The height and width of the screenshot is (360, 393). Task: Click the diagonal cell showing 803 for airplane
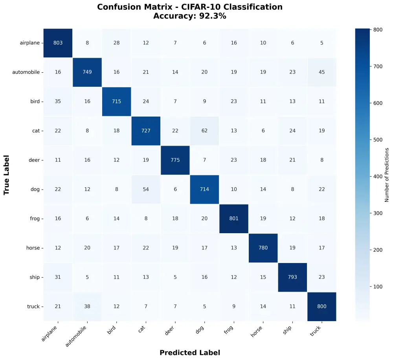point(58,43)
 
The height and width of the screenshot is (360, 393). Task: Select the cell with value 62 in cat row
point(204,130)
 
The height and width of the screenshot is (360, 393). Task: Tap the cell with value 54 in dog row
point(146,189)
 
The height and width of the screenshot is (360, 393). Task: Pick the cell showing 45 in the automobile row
point(321,72)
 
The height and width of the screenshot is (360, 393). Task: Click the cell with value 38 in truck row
point(87,306)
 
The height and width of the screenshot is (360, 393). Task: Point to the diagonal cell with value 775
point(175,160)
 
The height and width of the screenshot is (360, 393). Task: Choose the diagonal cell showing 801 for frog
point(233,219)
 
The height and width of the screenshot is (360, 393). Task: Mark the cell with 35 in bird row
point(58,101)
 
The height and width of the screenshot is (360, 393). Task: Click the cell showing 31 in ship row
point(58,277)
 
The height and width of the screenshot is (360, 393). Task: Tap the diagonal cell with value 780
point(263,248)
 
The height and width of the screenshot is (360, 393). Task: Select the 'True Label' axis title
point(7,175)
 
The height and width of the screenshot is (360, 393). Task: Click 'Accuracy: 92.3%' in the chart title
point(189,16)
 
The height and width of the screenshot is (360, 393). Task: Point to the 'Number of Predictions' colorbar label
point(387,175)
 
